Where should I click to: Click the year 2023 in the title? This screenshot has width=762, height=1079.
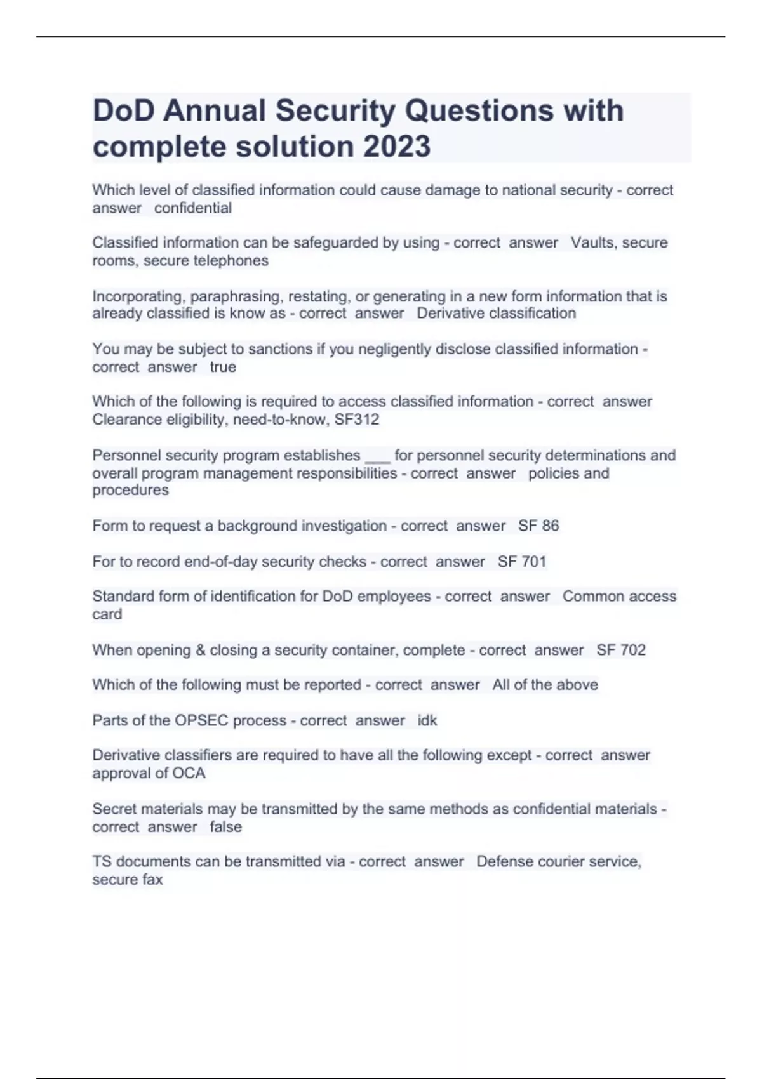tap(397, 147)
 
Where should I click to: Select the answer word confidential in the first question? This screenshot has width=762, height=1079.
tap(193, 208)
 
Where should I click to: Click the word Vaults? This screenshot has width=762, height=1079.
tap(594, 242)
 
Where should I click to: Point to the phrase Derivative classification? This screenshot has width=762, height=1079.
tap(497, 313)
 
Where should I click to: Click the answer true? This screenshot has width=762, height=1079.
tap(223, 367)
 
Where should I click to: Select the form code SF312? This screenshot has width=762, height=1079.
tap(357, 420)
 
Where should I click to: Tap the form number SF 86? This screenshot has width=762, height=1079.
tap(538, 526)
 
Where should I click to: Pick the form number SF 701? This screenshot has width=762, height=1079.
tap(522, 561)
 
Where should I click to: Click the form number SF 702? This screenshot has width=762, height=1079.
tap(621, 650)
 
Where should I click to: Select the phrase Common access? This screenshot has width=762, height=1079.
tap(619, 596)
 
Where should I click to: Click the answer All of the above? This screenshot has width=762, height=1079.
tap(545, 685)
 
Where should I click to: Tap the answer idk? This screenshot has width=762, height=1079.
tap(427, 720)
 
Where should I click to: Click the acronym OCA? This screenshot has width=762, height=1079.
tap(189, 773)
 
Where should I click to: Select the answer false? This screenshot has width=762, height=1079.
tap(225, 827)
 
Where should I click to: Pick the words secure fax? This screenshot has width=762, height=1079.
tap(128, 880)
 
